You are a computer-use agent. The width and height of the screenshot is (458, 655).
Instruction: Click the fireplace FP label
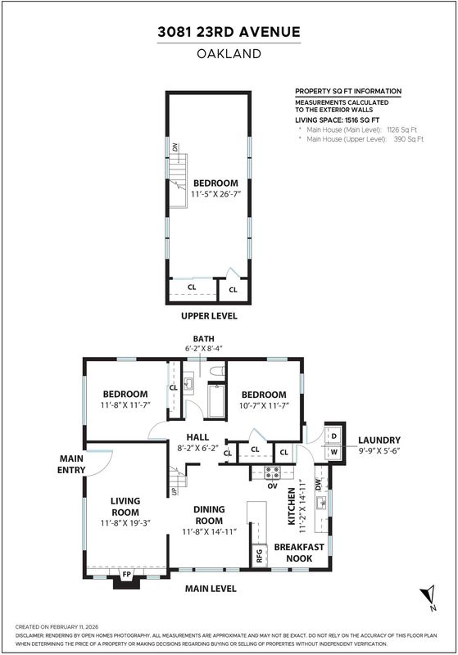coord(127,575)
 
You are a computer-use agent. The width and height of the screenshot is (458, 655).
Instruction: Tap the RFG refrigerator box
coord(259,556)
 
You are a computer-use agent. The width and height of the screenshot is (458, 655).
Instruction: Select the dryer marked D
coord(334,436)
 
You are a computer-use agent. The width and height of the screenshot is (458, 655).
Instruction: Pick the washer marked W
coord(334,452)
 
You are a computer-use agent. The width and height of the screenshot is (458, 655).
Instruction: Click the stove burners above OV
coord(273,473)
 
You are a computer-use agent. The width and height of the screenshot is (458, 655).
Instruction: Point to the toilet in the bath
coord(217,371)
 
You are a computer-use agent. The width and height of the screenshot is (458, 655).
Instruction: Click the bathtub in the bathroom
coord(216,401)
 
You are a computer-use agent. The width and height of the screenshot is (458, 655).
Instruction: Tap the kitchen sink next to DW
coord(322,502)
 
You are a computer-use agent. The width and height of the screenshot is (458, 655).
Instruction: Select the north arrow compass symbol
coord(429,597)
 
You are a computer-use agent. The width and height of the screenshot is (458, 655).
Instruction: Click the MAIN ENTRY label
coord(71,464)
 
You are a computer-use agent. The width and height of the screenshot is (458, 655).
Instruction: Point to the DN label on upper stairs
coord(175,147)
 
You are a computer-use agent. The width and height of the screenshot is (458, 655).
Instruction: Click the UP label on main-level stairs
coord(174,490)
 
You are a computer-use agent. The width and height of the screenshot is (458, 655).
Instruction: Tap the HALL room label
coord(197,437)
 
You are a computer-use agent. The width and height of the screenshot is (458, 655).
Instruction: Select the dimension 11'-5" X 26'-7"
coord(216,194)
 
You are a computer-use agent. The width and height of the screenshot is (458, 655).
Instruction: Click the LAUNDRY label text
coord(379,440)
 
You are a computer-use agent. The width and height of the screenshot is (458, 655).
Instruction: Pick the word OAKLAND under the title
coord(229,53)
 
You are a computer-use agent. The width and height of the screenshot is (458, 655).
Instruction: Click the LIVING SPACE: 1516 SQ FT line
coord(338,120)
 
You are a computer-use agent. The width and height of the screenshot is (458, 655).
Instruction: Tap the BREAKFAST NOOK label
coord(299,553)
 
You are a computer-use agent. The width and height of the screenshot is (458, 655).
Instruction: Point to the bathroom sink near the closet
coord(188,383)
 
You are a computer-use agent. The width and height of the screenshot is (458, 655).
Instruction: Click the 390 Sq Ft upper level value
coord(409,139)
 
